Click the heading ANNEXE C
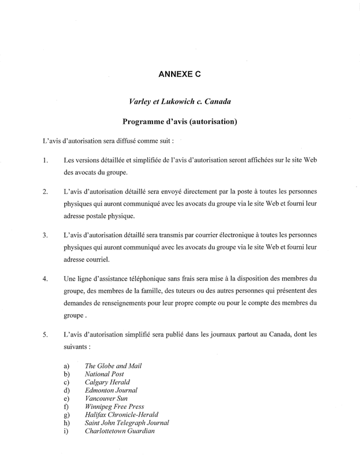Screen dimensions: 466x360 [180, 74]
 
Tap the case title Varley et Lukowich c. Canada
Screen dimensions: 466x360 [180, 102]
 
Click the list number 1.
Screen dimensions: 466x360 [44, 161]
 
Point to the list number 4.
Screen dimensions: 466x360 [44, 279]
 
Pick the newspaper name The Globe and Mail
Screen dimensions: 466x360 [113, 366]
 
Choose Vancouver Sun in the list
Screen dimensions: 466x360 [107, 398]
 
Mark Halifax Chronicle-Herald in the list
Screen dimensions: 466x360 [121, 415]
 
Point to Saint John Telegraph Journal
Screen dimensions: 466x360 [127, 423]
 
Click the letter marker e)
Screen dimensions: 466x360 [67, 398]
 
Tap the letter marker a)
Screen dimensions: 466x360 [67, 366]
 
